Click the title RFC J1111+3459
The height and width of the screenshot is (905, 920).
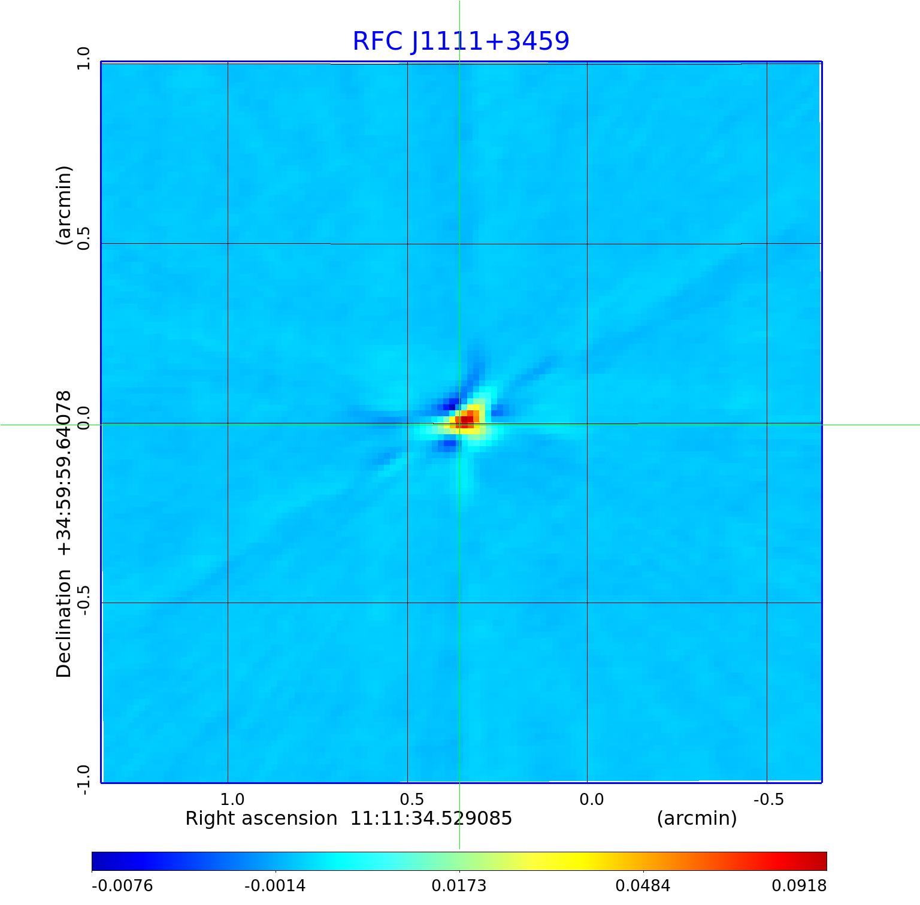(461, 41)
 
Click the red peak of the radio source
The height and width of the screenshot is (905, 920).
(466, 421)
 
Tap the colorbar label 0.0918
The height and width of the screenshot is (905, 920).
(798, 886)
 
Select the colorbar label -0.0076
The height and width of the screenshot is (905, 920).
(122, 886)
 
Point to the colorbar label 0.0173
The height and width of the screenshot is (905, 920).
(459, 886)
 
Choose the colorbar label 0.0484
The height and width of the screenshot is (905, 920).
(643, 886)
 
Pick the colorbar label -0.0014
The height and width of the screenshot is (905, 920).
(275, 886)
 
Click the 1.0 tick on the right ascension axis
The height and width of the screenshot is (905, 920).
(232, 800)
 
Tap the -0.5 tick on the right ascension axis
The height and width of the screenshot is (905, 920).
(768, 800)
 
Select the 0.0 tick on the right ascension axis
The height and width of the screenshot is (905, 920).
(591, 800)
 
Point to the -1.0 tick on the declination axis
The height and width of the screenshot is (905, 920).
(83, 780)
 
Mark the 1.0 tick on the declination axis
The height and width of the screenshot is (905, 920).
(83, 58)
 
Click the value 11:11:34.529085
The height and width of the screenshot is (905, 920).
(431, 819)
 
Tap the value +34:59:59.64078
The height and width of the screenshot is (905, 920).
(64, 474)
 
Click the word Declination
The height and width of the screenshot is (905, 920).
(64, 623)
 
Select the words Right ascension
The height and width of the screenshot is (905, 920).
(261, 819)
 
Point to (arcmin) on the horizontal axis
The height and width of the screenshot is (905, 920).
(697, 819)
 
